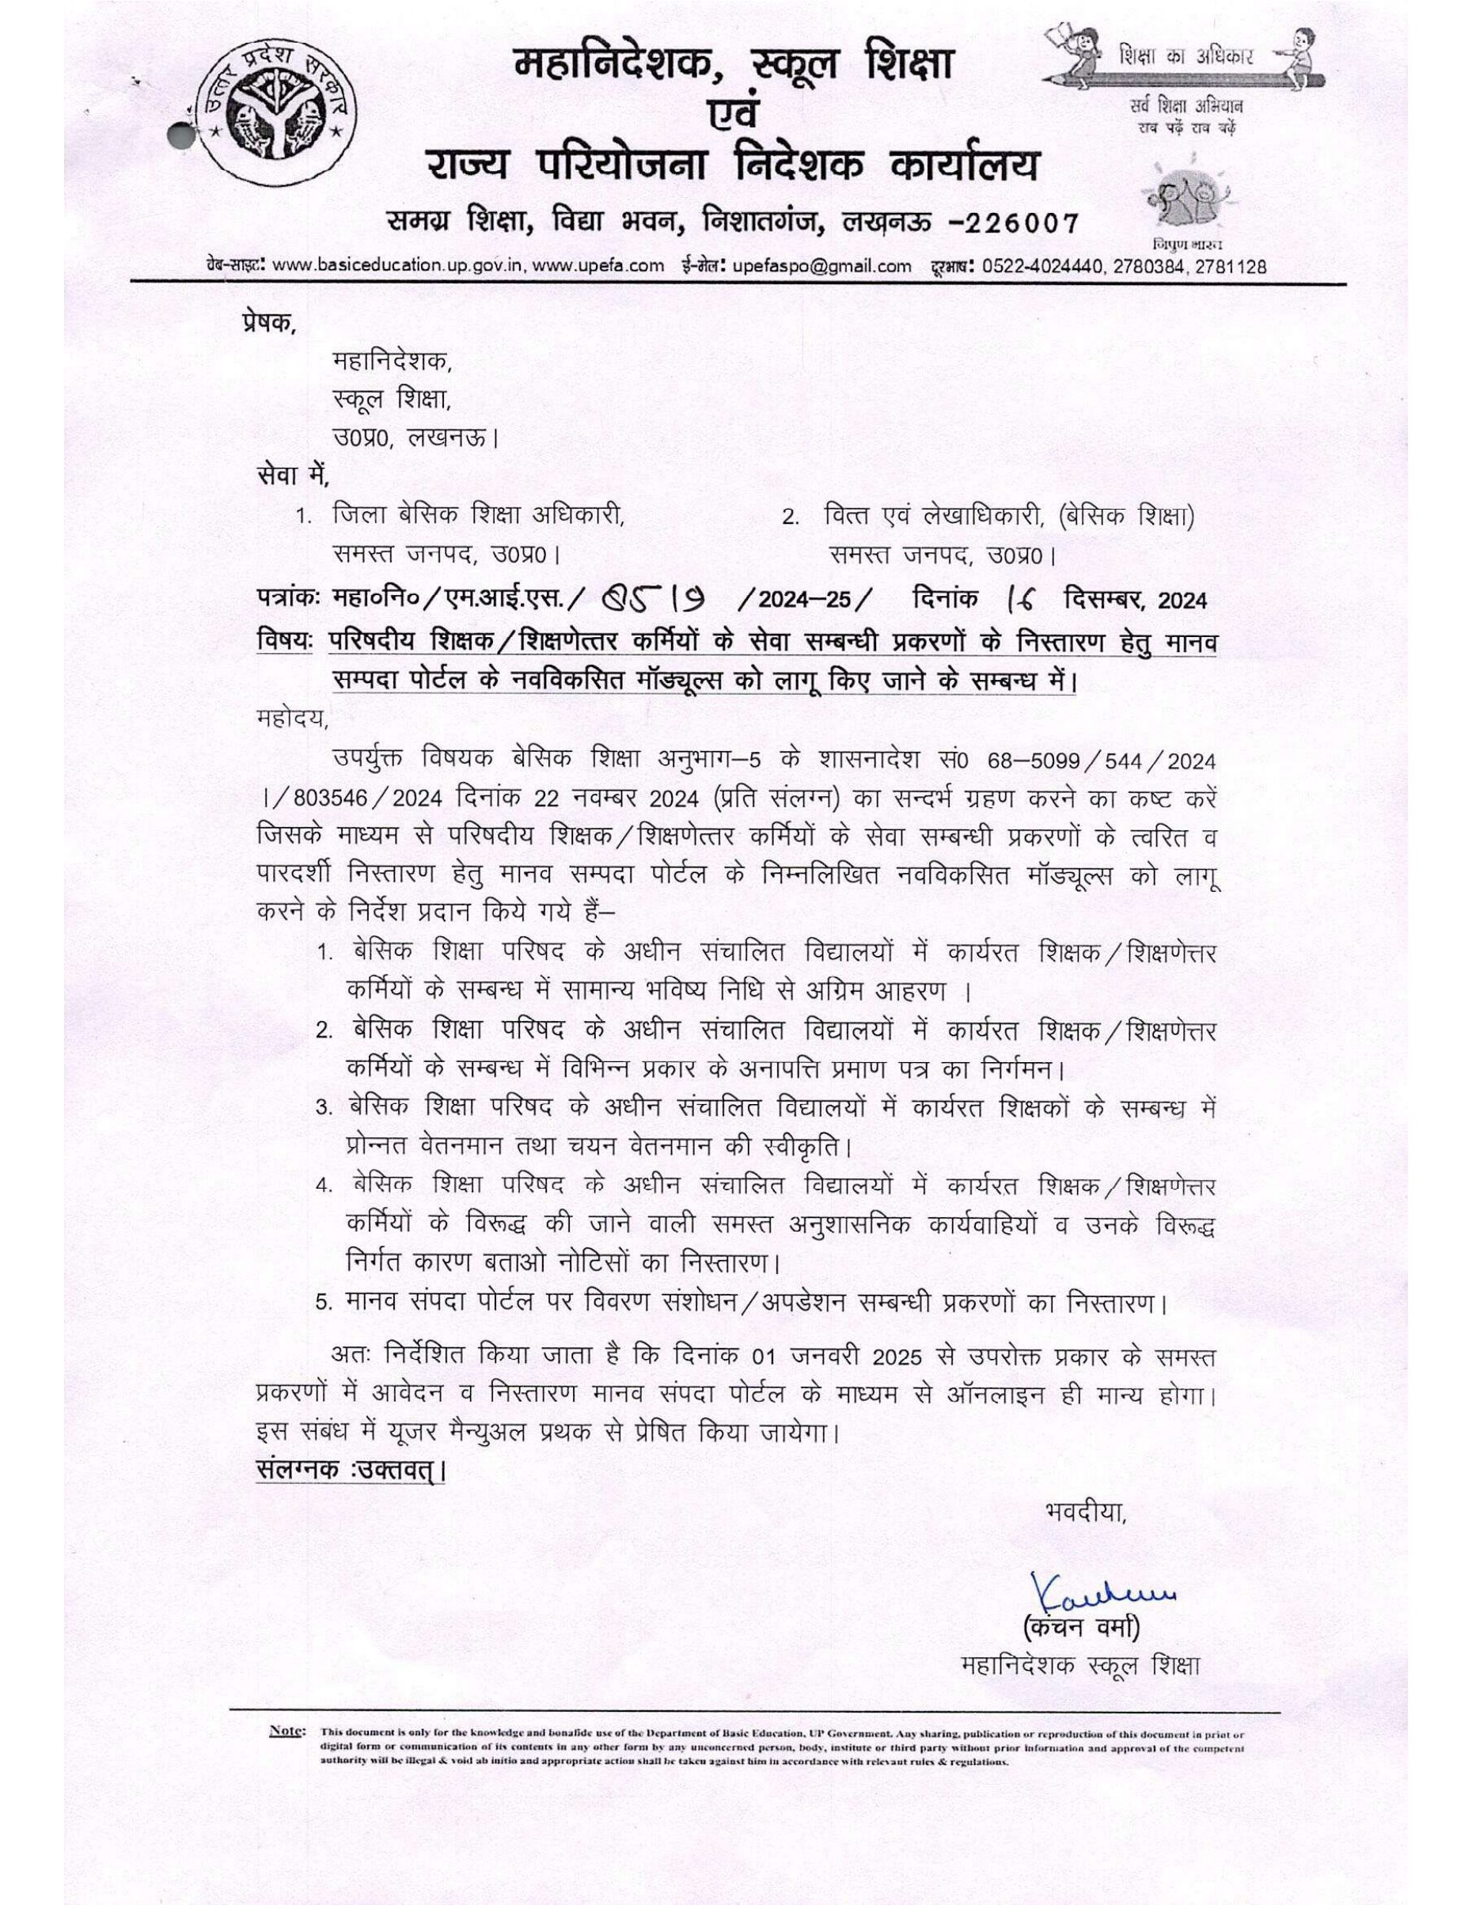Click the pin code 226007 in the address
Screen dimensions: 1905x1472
click(1011, 224)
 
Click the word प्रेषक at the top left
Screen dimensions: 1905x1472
click(268, 322)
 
